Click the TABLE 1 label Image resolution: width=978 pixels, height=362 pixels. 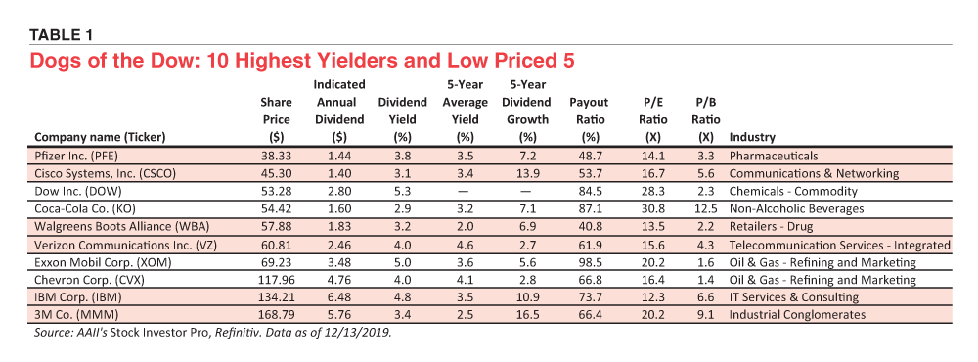tap(61, 35)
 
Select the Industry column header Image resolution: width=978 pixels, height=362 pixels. tap(751, 137)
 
